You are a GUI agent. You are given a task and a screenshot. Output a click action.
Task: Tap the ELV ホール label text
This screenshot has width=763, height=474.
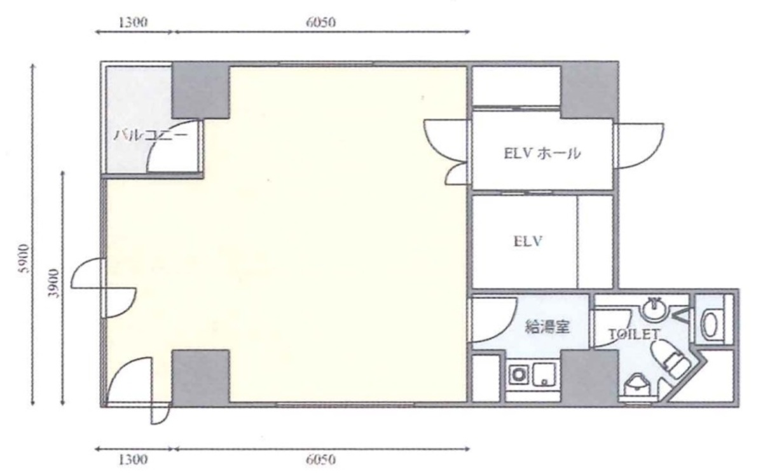pyautogui.click(x=542, y=153)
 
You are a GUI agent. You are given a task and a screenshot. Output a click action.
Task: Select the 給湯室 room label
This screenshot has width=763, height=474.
pyautogui.click(x=547, y=328)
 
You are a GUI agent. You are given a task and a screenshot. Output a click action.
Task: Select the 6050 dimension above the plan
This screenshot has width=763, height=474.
pyautogui.click(x=320, y=23)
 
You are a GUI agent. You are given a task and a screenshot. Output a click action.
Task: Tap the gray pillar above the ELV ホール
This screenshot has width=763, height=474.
pyautogui.click(x=588, y=89)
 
